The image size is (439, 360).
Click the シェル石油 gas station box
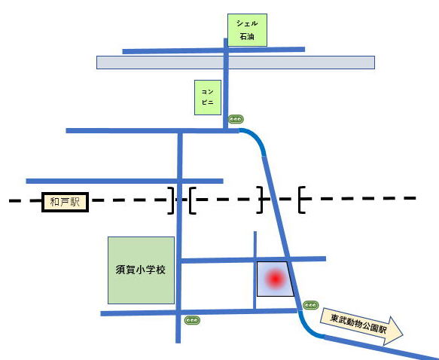pyautogui.click(x=247, y=30)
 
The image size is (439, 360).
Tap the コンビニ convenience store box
pyautogui.click(x=208, y=97)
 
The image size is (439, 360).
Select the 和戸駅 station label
pyautogui.click(x=65, y=202)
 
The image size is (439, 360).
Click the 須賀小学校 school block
pyautogui.click(x=141, y=270)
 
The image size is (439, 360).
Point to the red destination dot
pyautogui.click(x=276, y=279)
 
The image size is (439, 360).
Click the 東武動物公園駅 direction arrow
pyautogui.click(x=361, y=326)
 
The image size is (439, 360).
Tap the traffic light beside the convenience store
pyautogui.click(x=236, y=119)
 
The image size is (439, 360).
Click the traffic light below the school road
pyautogui.click(x=192, y=320)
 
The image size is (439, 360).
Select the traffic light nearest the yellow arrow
pyautogui.click(x=311, y=305)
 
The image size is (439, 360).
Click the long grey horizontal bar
pyautogui.click(x=236, y=63)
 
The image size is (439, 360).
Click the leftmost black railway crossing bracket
pyautogui.click(x=171, y=200)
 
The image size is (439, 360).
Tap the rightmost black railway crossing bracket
pyautogui.click(x=301, y=200)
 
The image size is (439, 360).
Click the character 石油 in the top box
pyautogui.click(x=247, y=36)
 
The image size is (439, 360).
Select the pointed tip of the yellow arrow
pyautogui.click(x=403, y=334)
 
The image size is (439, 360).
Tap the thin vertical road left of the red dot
pyautogui.click(x=255, y=270)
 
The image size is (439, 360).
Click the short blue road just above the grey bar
pyautogui.click(x=214, y=50)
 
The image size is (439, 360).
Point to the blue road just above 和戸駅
pyautogui.click(x=124, y=181)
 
